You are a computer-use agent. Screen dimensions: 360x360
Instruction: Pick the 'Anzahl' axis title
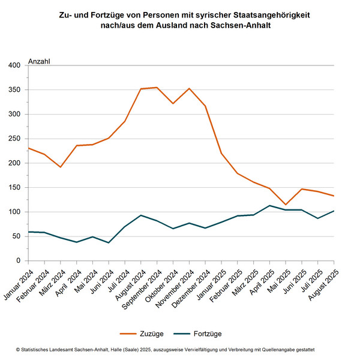(40, 61)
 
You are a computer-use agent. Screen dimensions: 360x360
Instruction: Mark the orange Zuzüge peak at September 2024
(157, 88)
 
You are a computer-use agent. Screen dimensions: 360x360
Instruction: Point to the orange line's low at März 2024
(60, 167)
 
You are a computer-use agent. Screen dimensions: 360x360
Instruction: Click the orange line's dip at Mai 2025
(286, 205)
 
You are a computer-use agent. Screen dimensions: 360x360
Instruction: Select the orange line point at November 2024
(189, 88)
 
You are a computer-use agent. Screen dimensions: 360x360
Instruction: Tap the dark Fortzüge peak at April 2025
(269, 206)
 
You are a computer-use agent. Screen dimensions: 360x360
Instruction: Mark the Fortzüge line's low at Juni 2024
(109, 243)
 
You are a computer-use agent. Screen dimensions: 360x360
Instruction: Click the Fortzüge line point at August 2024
(140, 215)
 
